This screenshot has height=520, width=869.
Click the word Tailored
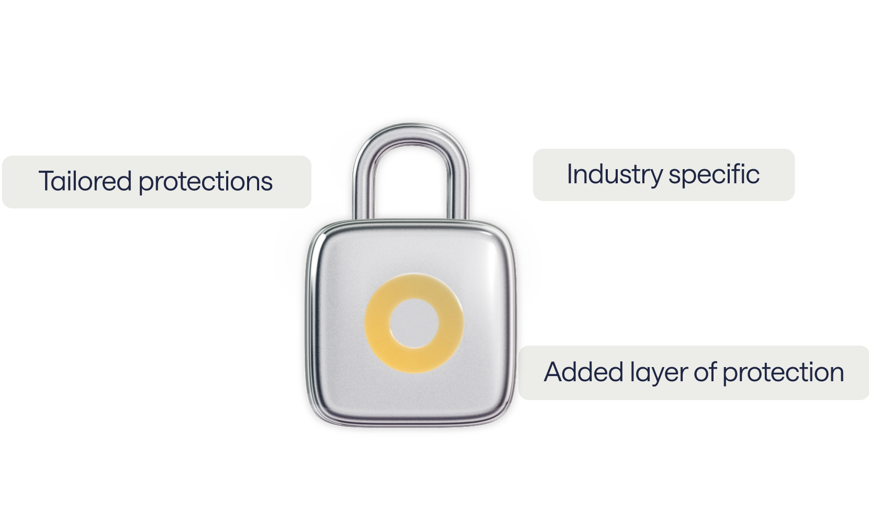85,181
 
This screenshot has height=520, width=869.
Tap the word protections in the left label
205,182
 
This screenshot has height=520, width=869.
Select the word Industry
614,174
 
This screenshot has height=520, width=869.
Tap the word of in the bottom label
705,372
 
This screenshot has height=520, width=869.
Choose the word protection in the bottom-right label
783,373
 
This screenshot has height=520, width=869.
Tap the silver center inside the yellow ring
414,323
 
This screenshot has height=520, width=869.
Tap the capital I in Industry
570,174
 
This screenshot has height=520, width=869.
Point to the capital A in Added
553,372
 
